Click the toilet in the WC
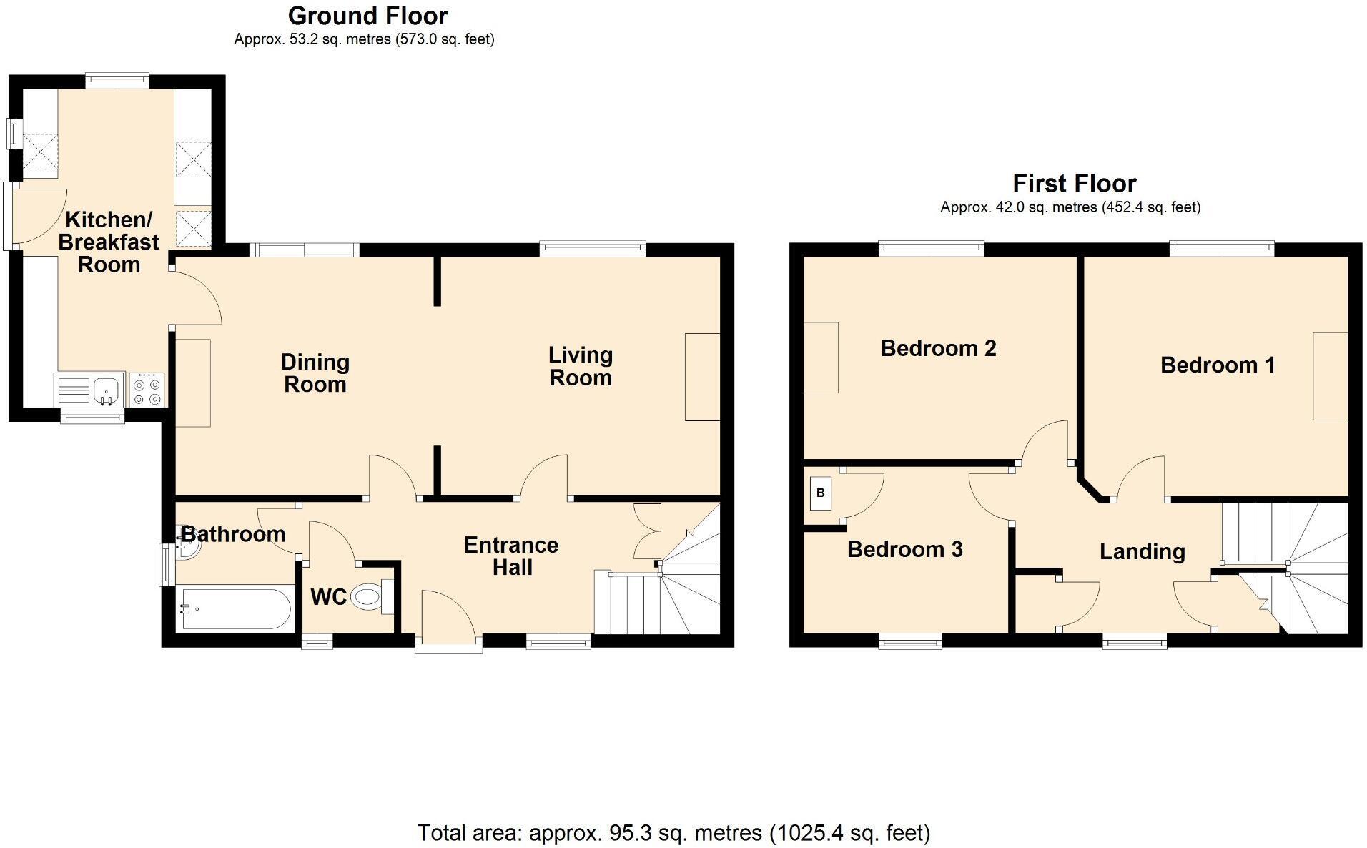pyautogui.click(x=372, y=596)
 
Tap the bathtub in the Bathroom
pyautogui.click(x=235, y=608)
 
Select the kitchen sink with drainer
pyautogui.click(x=89, y=390)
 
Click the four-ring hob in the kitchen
pyautogui.click(x=147, y=390)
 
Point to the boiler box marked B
pyautogui.click(x=821, y=493)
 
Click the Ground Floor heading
pyautogui.click(x=367, y=16)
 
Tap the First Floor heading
pyautogui.click(x=1074, y=184)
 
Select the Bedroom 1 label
pyautogui.click(x=1218, y=365)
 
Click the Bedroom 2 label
pyautogui.click(x=938, y=348)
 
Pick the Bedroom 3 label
pyautogui.click(x=904, y=549)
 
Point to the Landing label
pyautogui.click(x=1142, y=551)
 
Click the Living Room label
pyautogui.click(x=581, y=366)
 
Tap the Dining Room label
pyautogui.click(x=315, y=373)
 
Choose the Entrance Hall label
pyautogui.click(x=511, y=556)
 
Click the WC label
pyautogui.click(x=328, y=597)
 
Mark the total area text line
pyautogui.click(x=673, y=833)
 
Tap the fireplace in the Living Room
pyautogui.click(x=702, y=377)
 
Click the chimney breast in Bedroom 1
pyautogui.click(x=1331, y=376)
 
